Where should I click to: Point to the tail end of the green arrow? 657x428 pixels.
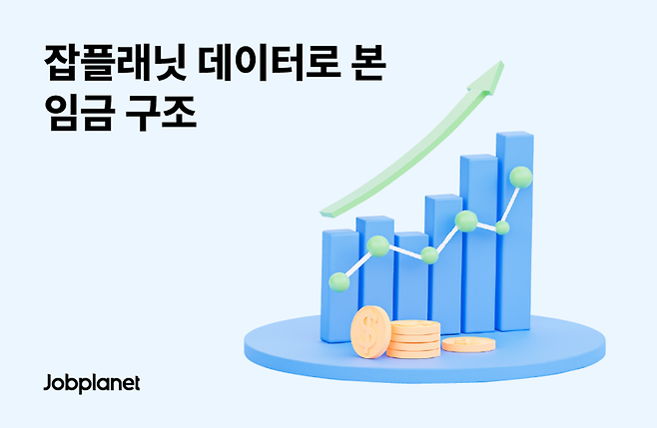(325, 211)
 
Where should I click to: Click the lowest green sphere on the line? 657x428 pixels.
(339, 281)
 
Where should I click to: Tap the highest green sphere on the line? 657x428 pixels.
(520, 178)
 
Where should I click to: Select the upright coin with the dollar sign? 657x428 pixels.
(371, 331)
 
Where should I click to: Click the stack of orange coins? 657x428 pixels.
(414, 339)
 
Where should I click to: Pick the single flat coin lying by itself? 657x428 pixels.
(467, 344)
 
